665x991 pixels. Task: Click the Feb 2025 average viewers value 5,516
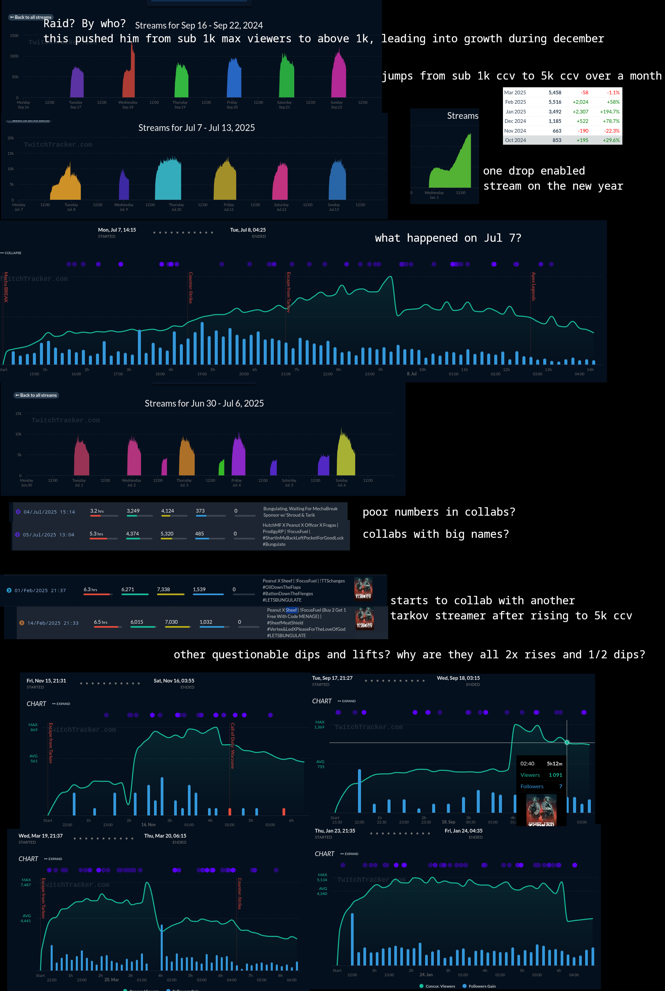(555, 102)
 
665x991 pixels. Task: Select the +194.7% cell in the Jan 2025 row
(609, 111)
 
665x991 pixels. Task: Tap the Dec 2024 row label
(515, 121)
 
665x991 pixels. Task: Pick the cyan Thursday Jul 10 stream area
(168, 180)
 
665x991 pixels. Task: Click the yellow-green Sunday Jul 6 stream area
(345, 456)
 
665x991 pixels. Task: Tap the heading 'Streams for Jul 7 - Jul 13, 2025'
(196, 128)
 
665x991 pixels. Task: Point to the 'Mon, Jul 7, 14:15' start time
(117, 230)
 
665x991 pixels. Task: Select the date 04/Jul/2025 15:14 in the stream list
(49, 512)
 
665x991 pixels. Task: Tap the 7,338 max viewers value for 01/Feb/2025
(163, 589)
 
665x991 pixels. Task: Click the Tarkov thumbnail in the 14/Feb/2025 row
(364, 618)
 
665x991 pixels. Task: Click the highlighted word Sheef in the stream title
(291, 610)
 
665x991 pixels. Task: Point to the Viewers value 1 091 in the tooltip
(555, 775)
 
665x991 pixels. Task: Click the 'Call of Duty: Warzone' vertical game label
(233, 745)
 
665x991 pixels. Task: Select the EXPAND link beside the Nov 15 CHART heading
(61, 704)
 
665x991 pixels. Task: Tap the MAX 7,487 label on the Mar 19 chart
(26, 882)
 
